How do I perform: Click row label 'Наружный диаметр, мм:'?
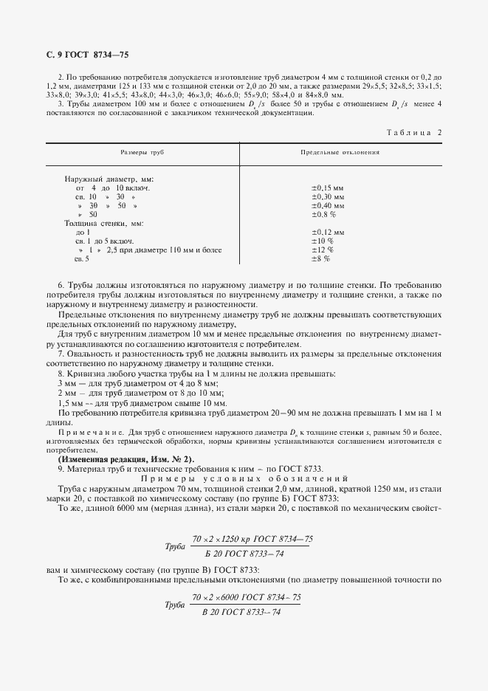109,179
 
